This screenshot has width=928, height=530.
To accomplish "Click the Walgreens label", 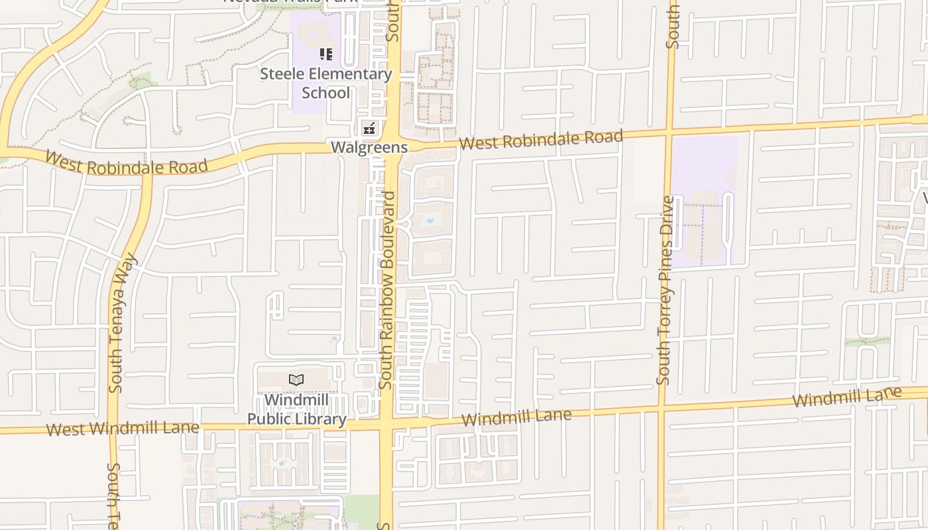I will tap(369, 147).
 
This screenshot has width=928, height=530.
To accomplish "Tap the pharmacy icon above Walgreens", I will tap(369, 128).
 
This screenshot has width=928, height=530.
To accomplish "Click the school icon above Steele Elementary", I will tap(325, 54).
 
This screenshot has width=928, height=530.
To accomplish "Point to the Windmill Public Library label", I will tap(296, 409).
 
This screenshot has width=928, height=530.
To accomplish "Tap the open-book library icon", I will tap(296, 380).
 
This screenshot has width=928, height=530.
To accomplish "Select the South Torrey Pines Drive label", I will tap(664, 290).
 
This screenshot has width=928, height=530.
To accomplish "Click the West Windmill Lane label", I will tap(123, 428).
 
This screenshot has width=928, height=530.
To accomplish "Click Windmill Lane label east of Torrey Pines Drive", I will tap(847, 397).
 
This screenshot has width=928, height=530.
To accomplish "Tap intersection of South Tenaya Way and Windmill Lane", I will tap(111, 429).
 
